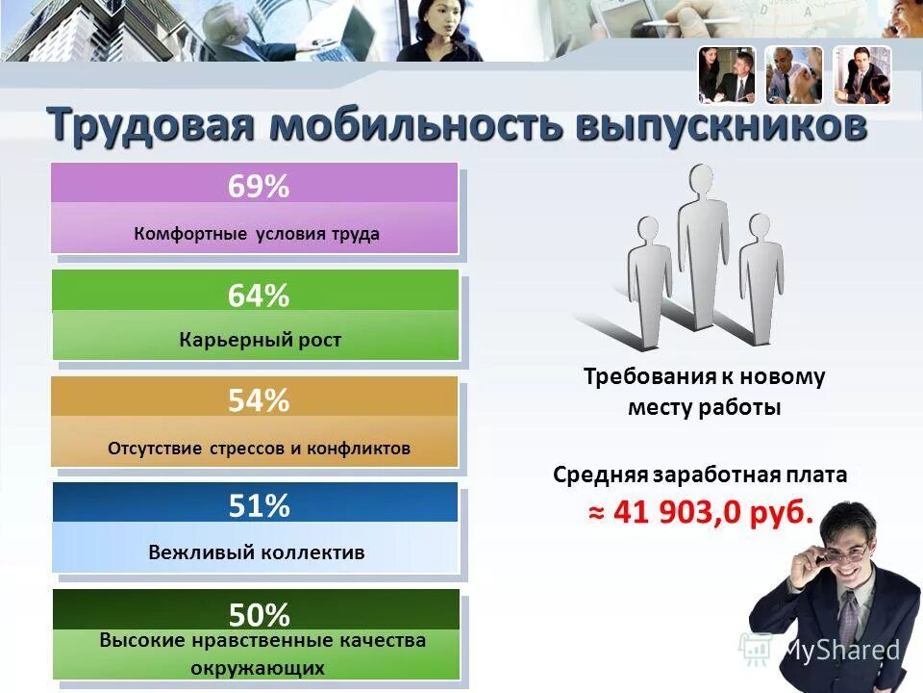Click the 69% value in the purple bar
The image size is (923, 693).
pyautogui.click(x=258, y=187)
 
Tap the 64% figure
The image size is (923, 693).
pyautogui.click(x=258, y=295)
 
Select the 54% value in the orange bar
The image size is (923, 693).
pyautogui.click(x=258, y=401)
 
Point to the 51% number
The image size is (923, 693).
pyautogui.click(x=258, y=506)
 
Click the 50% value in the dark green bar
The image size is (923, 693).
pyautogui.click(x=258, y=614)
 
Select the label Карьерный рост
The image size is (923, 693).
pyautogui.click(x=260, y=340)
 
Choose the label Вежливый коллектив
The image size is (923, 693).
pyautogui.click(x=257, y=552)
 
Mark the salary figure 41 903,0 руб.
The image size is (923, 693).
pyautogui.click(x=701, y=512)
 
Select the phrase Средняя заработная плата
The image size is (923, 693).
pyautogui.click(x=700, y=475)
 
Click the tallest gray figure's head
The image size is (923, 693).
pyautogui.click(x=701, y=181)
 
